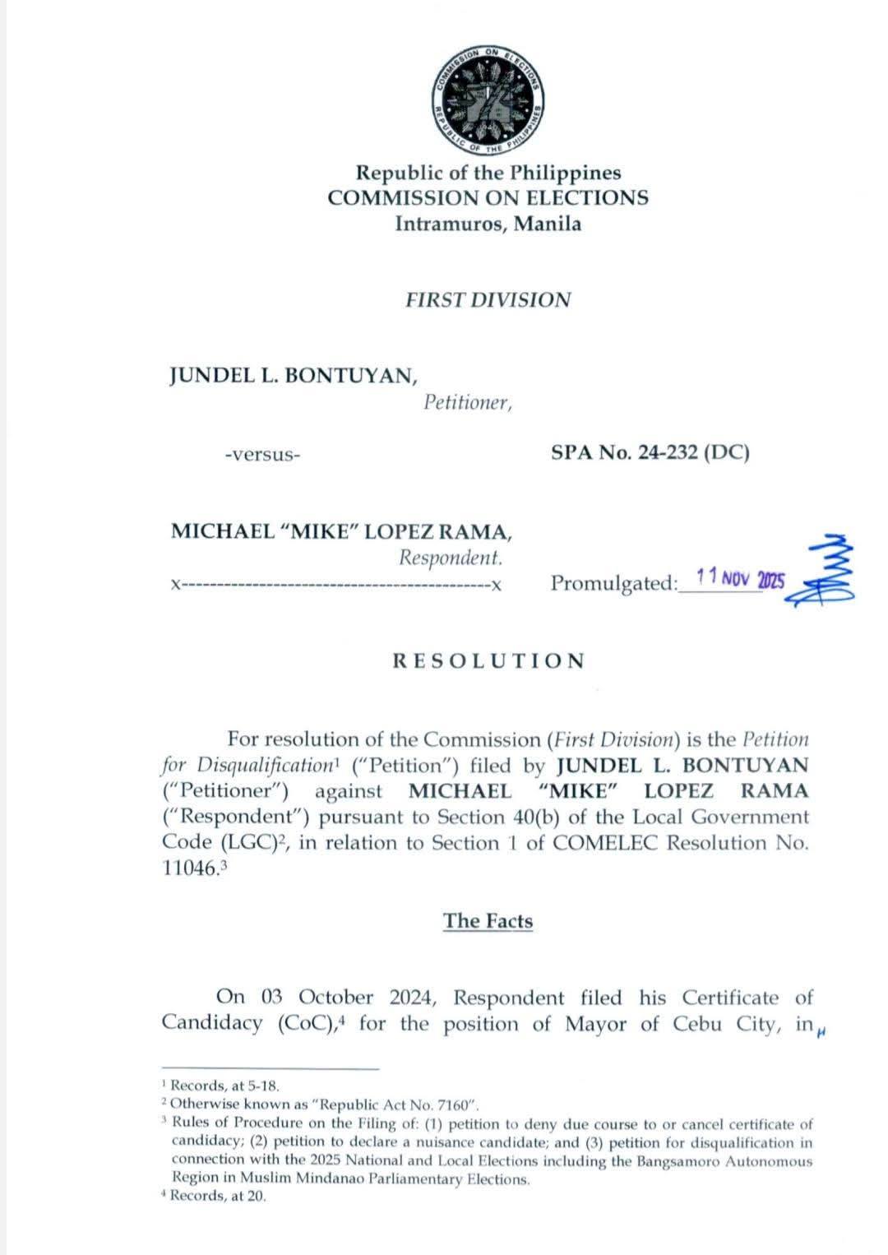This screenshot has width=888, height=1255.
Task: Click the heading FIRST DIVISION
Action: [488, 299]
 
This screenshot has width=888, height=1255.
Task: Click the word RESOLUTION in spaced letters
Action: [488, 660]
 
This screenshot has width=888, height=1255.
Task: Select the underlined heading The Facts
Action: [488, 920]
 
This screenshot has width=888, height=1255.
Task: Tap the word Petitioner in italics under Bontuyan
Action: [467, 403]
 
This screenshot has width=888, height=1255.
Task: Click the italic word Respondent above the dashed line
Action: [451, 558]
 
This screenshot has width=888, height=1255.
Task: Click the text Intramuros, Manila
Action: [488, 224]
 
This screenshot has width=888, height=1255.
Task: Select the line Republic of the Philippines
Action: [488, 174]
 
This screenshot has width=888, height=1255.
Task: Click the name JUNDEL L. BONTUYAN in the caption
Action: [293, 375]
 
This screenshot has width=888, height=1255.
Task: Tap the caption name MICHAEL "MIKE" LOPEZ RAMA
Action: [341, 531]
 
